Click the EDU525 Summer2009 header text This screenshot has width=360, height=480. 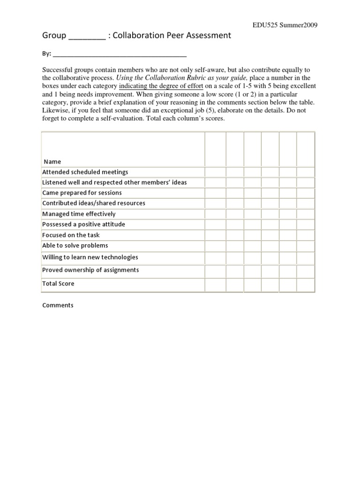(282, 25)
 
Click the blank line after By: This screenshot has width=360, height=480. (120, 54)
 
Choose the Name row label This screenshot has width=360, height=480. (52, 161)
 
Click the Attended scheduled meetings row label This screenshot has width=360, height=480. (85, 172)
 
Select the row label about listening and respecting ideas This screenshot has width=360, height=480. (114, 182)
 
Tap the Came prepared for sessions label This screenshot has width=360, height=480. (82, 193)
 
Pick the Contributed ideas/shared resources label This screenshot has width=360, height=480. (93, 203)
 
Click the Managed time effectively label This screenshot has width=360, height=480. (79, 214)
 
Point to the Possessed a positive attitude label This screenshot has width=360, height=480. (83, 224)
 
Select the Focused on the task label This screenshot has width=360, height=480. (71, 235)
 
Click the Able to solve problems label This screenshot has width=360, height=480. (75, 245)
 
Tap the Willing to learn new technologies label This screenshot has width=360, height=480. (90, 257)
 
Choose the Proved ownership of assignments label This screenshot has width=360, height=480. (90, 270)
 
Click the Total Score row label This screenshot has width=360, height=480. (58, 284)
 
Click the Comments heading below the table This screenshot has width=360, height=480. (58, 305)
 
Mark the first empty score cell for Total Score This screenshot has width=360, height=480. (215, 284)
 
